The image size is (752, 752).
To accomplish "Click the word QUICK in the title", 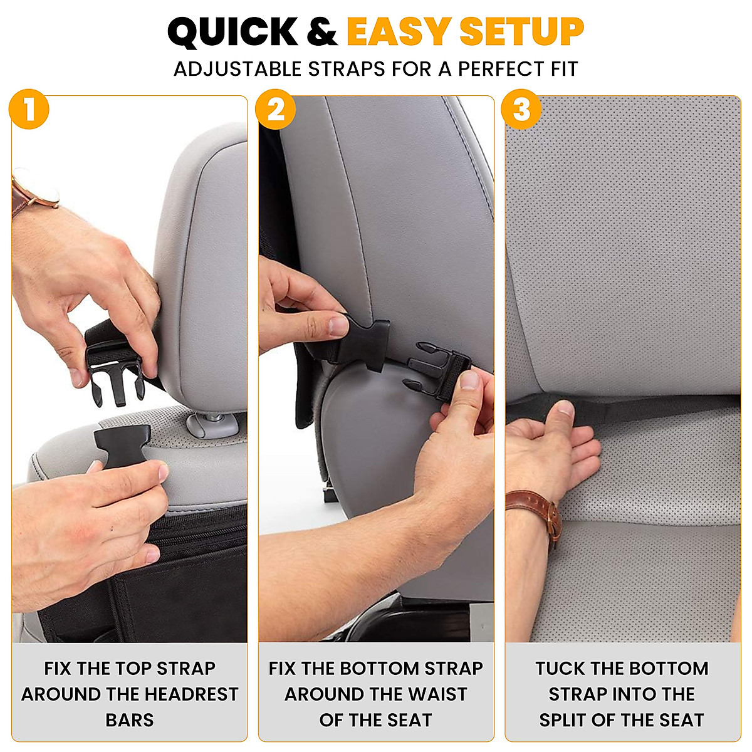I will pos(233,33).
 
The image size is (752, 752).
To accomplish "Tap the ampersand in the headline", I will pos(322,33).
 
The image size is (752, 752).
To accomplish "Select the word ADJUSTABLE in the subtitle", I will pos(238,69).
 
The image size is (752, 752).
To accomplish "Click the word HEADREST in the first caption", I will pos(184,694).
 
